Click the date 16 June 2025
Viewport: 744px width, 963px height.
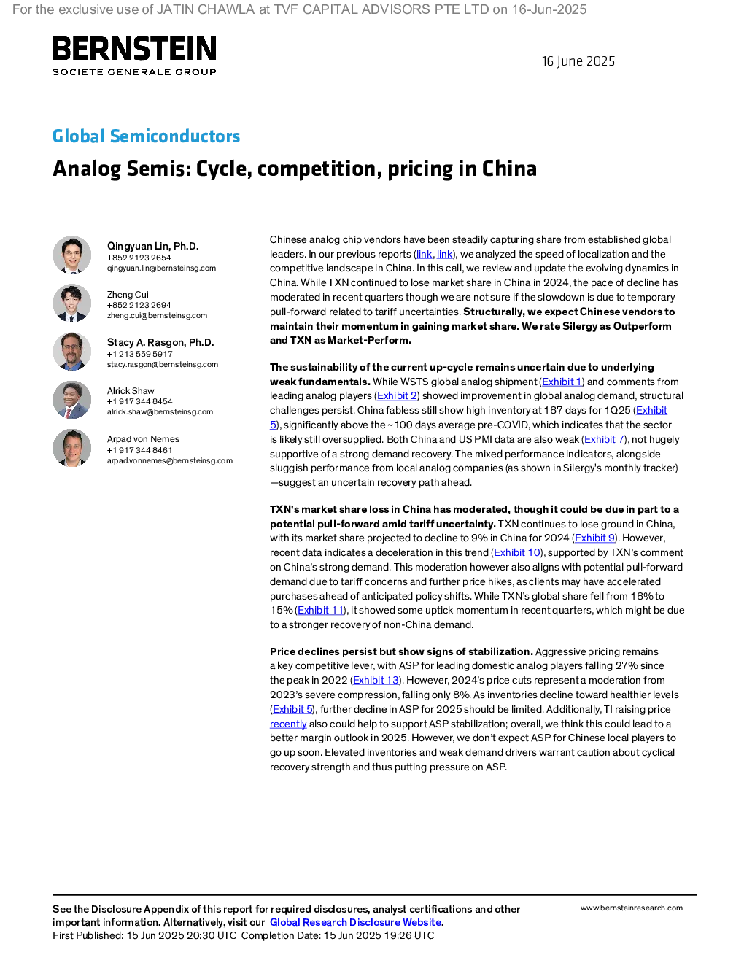click(x=578, y=61)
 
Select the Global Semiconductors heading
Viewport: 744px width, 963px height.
click(x=146, y=136)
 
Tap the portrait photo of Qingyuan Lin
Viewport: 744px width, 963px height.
click(x=71, y=255)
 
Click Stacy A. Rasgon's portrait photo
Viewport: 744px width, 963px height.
click(x=71, y=352)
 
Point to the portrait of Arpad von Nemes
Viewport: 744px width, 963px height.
click(x=71, y=448)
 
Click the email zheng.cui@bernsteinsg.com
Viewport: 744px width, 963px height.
click(x=157, y=316)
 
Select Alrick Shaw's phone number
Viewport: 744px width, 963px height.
click(x=139, y=401)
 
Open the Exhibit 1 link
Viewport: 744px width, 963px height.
click(x=562, y=382)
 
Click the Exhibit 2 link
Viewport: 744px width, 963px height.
click(x=397, y=395)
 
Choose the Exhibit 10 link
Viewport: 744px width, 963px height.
click(x=517, y=552)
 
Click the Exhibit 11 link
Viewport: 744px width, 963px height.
click(x=320, y=610)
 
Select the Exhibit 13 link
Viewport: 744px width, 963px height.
click(x=376, y=680)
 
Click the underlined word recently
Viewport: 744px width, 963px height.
click(x=288, y=724)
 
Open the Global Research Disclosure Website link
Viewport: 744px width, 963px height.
click(x=355, y=922)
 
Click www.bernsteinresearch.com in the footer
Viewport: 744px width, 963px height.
click(x=632, y=908)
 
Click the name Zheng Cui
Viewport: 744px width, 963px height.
click(x=128, y=295)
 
